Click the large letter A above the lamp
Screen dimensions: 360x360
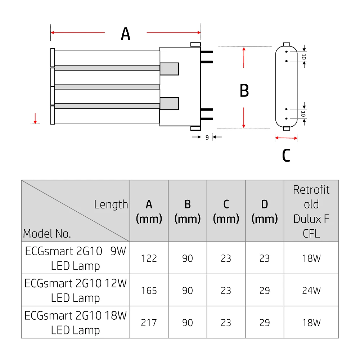click(x=125, y=34)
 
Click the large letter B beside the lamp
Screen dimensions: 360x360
click(x=244, y=91)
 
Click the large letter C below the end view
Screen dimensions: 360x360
click(x=286, y=156)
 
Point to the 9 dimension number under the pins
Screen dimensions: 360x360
click(x=207, y=137)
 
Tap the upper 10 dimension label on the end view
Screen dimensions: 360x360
click(x=304, y=57)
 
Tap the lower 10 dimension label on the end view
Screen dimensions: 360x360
click(x=304, y=114)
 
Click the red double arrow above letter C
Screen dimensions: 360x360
click(x=286, y=138)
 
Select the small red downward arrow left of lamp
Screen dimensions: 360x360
click(x=35, y=118)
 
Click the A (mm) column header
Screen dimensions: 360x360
click(x=149, y=211)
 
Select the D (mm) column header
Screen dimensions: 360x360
click(x=265, y=211)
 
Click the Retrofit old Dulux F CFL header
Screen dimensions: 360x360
click(x=311, y=211)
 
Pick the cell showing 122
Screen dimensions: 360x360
click(x=149, y=258)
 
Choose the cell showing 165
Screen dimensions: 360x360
click(x=149, y=290)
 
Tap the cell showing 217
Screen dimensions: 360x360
click(x=149, y=322)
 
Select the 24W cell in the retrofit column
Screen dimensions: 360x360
click(x=311, y=290)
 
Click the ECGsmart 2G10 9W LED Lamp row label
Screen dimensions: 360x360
click(x=76, y=258)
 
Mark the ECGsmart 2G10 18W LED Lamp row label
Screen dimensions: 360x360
click(x=76, y=322)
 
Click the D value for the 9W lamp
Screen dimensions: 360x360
click(x=265, y=258)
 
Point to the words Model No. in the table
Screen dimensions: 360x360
click(x=47, y=234)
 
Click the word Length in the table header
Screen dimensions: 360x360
click(x=111, y=204)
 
